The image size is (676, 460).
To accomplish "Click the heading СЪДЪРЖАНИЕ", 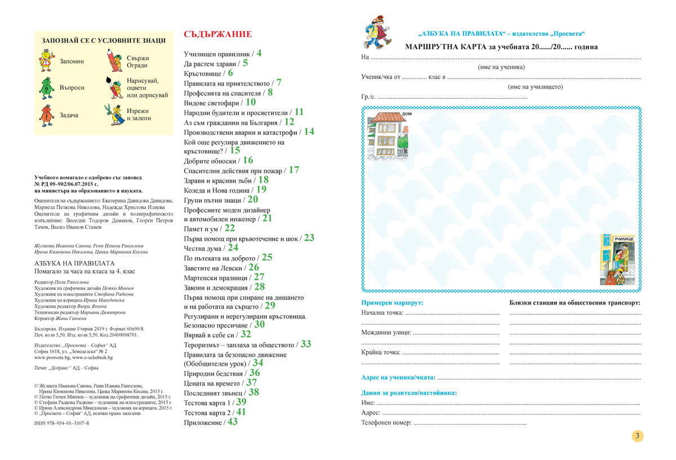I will tap(217, 34).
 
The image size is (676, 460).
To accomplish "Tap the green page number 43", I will tap(233, 421).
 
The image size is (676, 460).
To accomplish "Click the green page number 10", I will tap(251, 102).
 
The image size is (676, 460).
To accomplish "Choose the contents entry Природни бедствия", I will tap(214, 373).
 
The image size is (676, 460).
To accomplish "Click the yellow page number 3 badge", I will tap(637, 436).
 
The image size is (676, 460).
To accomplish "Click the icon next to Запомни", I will tap(46, 61).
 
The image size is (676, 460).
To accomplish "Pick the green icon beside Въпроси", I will tap(46, 88).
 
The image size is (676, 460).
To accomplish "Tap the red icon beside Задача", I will tap(46, 115).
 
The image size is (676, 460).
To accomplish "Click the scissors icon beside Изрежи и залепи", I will tap(113, 114).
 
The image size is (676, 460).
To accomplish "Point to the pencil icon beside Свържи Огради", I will tap(113, 61).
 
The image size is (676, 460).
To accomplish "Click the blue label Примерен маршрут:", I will tap(392, 303).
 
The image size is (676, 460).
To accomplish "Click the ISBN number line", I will tap(61, 423).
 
